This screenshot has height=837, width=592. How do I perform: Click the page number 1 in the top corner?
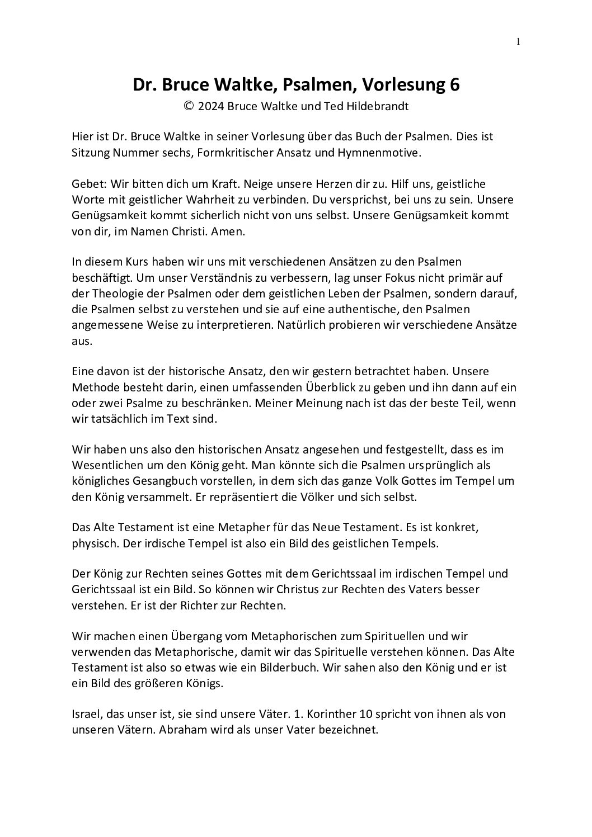518,41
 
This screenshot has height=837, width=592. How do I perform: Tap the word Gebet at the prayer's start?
88,184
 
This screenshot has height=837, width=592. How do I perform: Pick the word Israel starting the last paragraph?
86,714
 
